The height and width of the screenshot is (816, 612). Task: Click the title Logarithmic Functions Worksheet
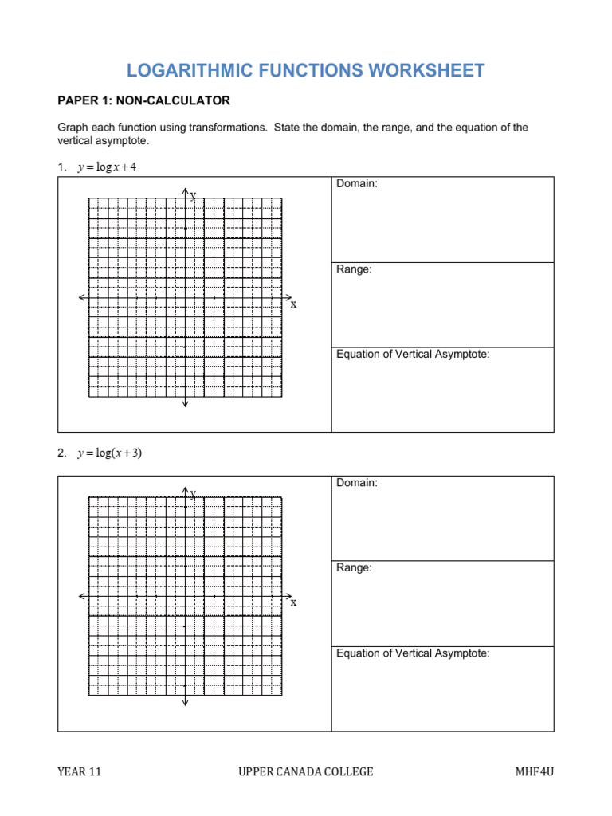pos(305,70)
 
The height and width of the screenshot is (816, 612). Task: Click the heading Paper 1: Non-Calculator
pos(143,100)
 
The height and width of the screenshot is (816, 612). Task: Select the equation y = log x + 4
pos(107,167)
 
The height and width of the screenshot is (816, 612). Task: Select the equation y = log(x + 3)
pos(110,453)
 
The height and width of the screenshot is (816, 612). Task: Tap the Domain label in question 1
pos(356,184)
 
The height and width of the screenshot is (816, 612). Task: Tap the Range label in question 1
pos(354,269)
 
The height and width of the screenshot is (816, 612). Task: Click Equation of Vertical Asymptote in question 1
pos(413,354)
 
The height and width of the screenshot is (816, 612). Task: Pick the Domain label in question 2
pos(356,483)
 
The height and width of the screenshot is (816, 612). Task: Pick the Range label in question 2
pos(354,568)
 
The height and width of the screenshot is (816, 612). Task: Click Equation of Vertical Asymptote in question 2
pos(413,653)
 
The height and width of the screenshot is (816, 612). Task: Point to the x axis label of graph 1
pos(293,304)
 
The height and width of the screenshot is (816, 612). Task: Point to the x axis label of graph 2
pos(293,602)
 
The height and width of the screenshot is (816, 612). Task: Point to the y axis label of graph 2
pos(193,493)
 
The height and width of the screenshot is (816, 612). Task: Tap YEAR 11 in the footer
pos(79,771)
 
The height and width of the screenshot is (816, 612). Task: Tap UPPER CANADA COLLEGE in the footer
pos(305,771)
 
